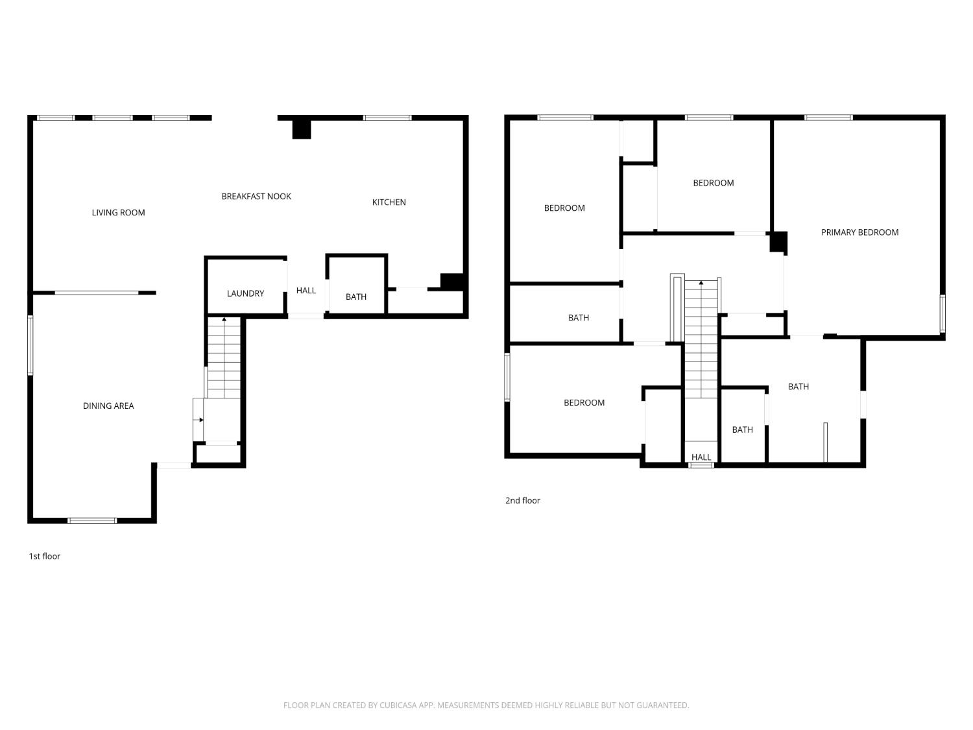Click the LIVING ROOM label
pyautogui.click(x=118, y=213)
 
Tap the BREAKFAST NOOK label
pyautogui.click(x=256, y=197)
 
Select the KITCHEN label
pyautogui.click(x=389, y=202)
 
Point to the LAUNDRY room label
pyautogui.click(x=245, y=294)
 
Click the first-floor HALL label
pyautogui.click(x=306, y=291)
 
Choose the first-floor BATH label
pyautogui.click(x=355, y=297)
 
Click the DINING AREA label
pyautogui.click(x=108, y=406)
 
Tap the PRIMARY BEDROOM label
pyautogui.click(x=859, y=232)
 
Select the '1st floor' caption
pyautogui.click(x=45, y=556)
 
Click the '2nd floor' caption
pyautogui.click(x=523, y=500)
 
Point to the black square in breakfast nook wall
pyautogui.click(x=302, y=129)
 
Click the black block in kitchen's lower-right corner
pyautogui.click(x=452, y=282)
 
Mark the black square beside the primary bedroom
pyautogui.click(x=778, y=242)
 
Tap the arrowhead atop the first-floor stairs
pyautogui.click(x=224, y=319)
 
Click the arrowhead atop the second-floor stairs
pyautogui.click(x=701, y=283)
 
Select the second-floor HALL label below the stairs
pyautogui.click(x=701, y=457)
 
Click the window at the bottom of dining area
pyautogui.click(x=92, y=520)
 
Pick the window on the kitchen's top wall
pyautogui.click(x=387, y=118)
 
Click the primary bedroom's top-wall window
pyautogui.click(x=828, y=118)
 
